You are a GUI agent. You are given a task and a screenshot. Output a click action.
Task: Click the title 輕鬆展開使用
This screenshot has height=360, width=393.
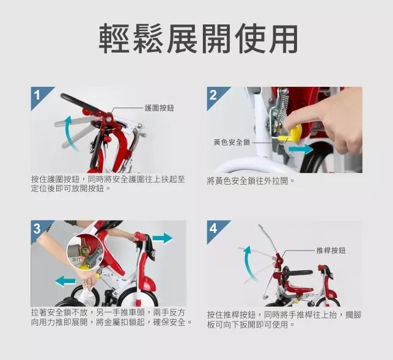tap(199, 39)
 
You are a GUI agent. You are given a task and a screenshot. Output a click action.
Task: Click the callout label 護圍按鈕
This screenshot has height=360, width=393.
tap(160, 108)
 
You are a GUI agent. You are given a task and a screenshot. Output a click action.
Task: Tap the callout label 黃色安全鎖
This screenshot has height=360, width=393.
tap(232, 142)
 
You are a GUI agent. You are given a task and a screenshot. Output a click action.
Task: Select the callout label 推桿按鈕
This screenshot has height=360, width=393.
tap(331, 250)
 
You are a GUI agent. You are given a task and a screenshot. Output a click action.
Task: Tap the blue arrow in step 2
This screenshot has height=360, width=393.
tap(301, 149)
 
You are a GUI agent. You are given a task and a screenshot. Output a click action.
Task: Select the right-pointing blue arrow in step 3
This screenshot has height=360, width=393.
tap(163, 238)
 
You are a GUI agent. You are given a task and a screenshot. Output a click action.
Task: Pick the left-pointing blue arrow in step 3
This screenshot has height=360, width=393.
tap(65, 281)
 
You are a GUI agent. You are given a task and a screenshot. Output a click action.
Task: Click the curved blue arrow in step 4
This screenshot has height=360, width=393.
tap(248, 263)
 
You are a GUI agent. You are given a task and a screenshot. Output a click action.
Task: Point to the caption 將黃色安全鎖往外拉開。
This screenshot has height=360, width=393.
tap(251, 181)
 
